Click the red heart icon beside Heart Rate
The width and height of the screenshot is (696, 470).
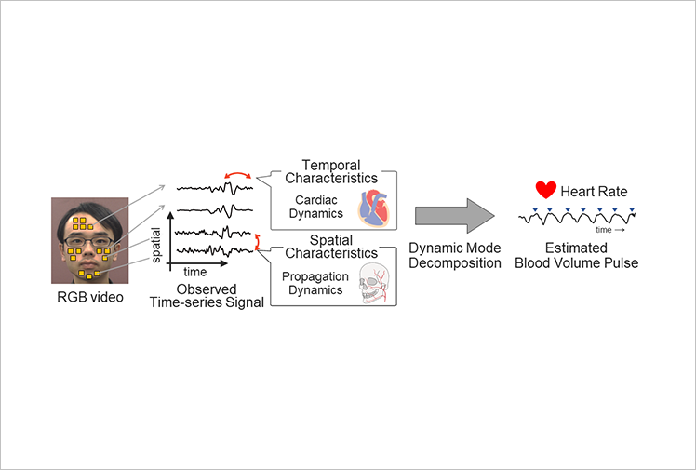pyautogui.click(x=545, y=190)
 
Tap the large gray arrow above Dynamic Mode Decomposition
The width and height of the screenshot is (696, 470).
pyautogui.click(x=454, y=216)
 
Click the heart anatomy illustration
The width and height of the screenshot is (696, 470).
pyautogui.click(x=374, y=208)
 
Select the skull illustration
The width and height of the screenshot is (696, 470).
pyautogui.click(x=374, y=283)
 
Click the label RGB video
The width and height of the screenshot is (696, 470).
pyautogui.click(x=90, y=297)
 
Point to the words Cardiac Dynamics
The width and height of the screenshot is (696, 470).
pyautogui.click(x=316, y=207)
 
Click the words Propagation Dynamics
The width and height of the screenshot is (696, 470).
pyautogui.click(x=315, y=283)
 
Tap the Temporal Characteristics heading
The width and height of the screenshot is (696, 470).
pyautogui.click(x=331, y=172)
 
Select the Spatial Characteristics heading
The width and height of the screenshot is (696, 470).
pyautogui.click(x=331, y=247)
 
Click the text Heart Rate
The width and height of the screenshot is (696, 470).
pyautogui.click(x=594, y=192)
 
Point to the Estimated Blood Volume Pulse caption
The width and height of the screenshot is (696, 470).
pyautogui.click(x=576, y=255)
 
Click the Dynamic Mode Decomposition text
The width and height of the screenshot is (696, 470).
pyautogui.click(x=455, y=255)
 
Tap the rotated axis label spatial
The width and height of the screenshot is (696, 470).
pyautogui.click(x=155, y=245)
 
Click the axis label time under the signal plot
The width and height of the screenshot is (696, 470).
pyautogui.click(x=194, y=272)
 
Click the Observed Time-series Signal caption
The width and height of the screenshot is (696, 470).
pyautogui.click(x=207, y=296)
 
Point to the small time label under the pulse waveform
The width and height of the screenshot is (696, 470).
pyautogui.click(x=604, y=230)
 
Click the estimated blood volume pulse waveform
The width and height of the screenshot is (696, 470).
pyautogui.click(x=577, y=218)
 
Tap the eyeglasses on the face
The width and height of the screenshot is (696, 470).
pyautogui.click(x=89, y=242)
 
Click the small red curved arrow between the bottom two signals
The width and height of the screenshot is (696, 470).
pyautogui.click(x=256, y=241)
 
